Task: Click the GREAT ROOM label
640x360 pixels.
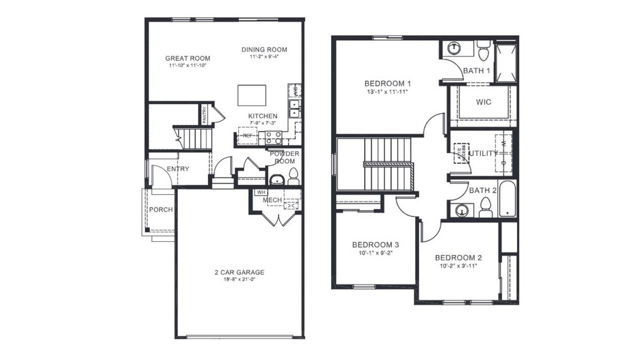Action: coord(188,58)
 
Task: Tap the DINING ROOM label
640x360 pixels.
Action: coord(264,49)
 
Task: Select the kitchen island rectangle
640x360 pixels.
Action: coord(252,95)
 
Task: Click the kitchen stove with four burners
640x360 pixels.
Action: coord(274,137)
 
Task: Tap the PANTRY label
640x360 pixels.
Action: coord(205,114)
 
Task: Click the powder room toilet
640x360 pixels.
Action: coord(293,176)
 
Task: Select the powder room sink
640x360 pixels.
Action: coord(277,179)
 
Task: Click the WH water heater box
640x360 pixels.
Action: coord(260,193)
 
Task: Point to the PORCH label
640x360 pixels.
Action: coord(161,209)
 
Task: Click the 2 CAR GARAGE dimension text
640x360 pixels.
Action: coord(239,279)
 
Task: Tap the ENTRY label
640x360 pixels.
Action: coord(178,169)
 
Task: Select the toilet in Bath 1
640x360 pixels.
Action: coord(483,50)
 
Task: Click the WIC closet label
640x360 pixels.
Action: coord(483,102)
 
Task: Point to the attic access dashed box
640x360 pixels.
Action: coord(461,153)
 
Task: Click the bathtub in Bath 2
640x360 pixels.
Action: coord(507,199)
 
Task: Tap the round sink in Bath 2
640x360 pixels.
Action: coord(462,209)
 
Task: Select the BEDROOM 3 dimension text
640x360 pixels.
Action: coord(375,253)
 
